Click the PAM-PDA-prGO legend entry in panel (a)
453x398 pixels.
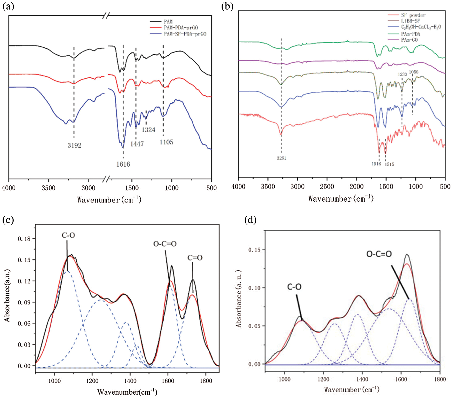pyautogui.click(x=181, y=28)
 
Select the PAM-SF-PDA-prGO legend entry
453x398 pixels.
pyautogui.click(x=185, y=34)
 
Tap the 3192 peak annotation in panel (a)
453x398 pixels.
pyautogui.click(x=75, y=145)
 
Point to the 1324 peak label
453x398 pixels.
pyautogui.click(x=148, y=130)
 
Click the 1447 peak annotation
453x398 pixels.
pyautogui.click(x=137, y=144)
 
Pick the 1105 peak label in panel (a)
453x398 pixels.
pyautogui.click(x=166, y=142)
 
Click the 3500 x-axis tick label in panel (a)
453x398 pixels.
pyautogui.click(x=48, y=188)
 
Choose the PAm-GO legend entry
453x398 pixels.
pyautogui.click(x=409, y=40)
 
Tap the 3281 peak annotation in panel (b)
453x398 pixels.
pyautogui.click(x=281, y=158)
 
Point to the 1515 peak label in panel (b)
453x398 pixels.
pyautogui.click(x=389, y=164)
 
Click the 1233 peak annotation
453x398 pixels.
pyautogui.click(x=402, y=74)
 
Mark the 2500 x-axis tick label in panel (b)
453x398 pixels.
pyautogui.click(x=327, y=187)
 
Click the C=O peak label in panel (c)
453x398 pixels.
pyautogui.click(x=195, y=258)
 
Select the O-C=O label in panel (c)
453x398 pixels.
pyautogui.click(x=165, y=244)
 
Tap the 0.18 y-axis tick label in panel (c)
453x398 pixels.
pyautogui.click(x=24, y=238)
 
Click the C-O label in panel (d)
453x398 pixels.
pyautogui.click(x=294, y=287)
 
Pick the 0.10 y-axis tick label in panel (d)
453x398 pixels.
pyautogui.click(x=254, y=288)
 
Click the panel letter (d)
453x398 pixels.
pyautogui.click(x=250, y=220)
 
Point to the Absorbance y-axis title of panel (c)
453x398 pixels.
pyautogui.click(x=7, y=295)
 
